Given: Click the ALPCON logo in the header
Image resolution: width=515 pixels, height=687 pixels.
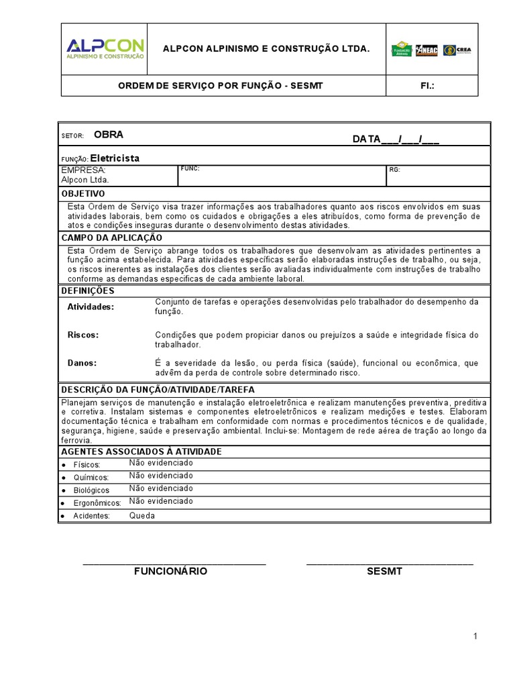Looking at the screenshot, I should coord(105,48).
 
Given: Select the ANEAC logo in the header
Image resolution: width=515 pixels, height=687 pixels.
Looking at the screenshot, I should coord(426,50).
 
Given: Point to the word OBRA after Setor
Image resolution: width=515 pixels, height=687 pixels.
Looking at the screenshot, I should coord(108,134).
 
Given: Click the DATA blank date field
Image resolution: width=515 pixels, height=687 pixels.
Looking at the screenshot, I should coord(396,139).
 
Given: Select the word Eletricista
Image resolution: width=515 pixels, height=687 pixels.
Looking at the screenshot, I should coord(115,158).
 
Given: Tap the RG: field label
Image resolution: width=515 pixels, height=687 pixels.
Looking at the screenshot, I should coord(394,170).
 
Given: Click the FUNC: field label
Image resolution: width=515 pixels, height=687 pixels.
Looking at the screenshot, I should coord(190,168).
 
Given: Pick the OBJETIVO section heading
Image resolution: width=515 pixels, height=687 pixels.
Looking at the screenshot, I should coord(83,193).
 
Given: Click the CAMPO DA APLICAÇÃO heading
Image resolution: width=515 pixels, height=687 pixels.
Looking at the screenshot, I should coord(112,237).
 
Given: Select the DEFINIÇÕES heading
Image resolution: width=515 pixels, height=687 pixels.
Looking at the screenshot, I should coord(88,291).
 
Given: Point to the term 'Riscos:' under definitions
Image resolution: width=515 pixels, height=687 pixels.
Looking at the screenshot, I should coord(83,334).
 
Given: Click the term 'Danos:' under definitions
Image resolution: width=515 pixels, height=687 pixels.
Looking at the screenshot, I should coord(82,363).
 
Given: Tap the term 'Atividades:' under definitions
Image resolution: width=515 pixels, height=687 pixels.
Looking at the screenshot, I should coord(91,307).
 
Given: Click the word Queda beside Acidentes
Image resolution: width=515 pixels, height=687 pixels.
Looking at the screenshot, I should coord(142,516).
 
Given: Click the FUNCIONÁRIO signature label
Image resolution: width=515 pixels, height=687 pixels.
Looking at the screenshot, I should coord(170,572).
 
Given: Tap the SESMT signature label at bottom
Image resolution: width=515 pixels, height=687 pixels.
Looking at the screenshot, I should coord(384,572).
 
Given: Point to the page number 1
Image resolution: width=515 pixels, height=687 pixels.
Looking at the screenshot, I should coord(475,637).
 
